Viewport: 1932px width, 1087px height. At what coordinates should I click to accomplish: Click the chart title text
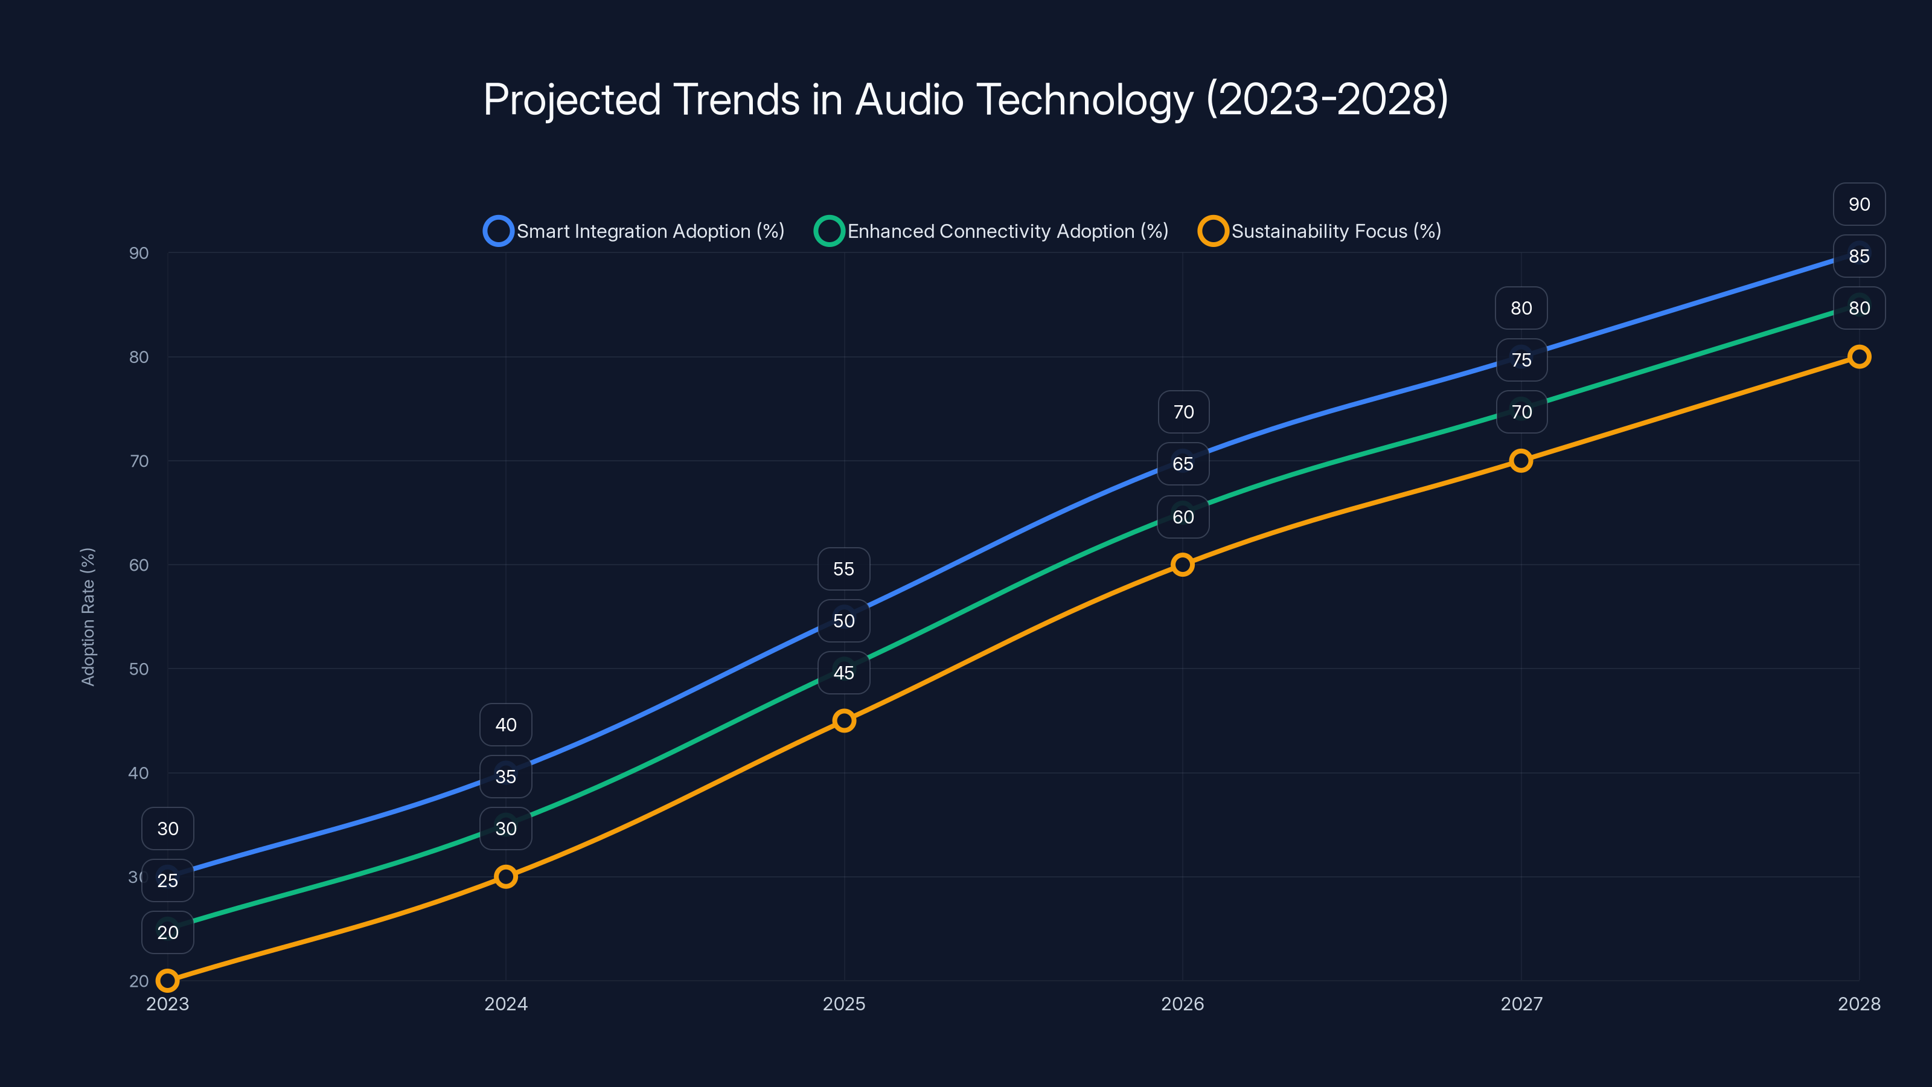click(965, 100)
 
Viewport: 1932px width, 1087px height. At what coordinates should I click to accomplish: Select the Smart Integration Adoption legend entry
click(634, 231)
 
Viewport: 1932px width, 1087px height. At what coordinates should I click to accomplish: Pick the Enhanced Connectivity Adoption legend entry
click(991, 231)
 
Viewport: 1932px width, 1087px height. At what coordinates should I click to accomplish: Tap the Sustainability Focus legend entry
click(1320, 231)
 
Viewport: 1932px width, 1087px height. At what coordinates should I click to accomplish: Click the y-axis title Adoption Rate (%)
click(88, 617)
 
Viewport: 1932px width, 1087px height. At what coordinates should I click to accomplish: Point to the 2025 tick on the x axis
click(844, 1004)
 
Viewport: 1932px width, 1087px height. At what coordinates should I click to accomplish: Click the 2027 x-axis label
click(1521, 1004)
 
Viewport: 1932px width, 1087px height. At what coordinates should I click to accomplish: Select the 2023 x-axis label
click(167, 1004)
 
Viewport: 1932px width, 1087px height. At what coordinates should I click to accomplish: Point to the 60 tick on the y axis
click(139, 565)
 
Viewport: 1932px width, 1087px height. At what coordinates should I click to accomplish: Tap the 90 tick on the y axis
click(139, 253)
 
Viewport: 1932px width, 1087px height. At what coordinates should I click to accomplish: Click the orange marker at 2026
click(1183, 565)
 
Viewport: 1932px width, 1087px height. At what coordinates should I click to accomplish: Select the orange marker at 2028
click(1858, 356)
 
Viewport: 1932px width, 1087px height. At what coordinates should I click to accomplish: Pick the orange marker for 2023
click(167, 981)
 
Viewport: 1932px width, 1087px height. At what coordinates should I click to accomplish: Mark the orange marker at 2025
click(844, 720)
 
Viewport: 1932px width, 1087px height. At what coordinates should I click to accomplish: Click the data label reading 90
click(1858, 204)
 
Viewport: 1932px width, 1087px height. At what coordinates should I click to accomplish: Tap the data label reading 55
click(844, 569)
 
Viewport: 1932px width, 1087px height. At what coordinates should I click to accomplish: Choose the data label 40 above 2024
click(505, 725)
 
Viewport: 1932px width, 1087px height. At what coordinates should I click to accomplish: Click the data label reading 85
click(1858, 256)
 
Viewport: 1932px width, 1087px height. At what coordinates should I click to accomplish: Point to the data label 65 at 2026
click(1183, 464)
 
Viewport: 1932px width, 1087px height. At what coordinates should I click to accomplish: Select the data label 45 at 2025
click(844, 673)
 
